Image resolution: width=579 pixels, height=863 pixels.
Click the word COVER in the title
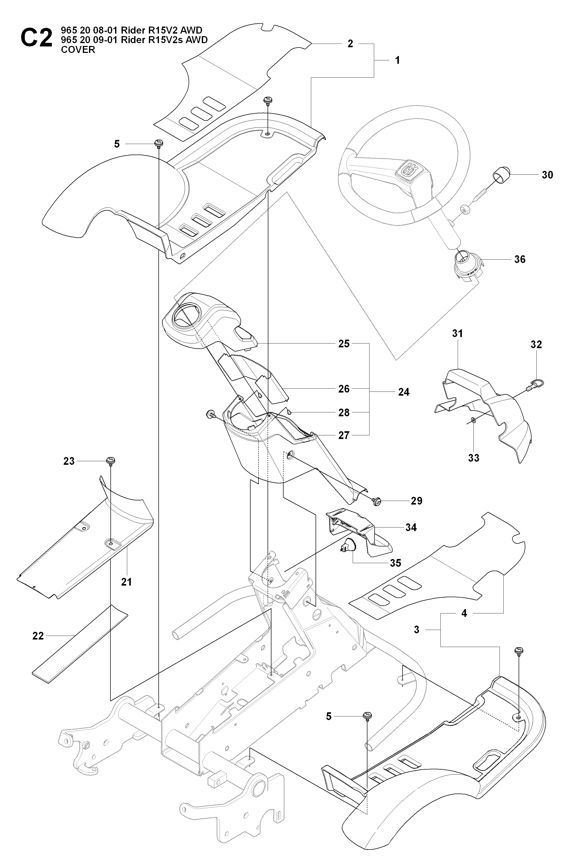[78, 50]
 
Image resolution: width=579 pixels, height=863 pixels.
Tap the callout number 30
[547, 175]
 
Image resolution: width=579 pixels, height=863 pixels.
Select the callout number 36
[520, 259]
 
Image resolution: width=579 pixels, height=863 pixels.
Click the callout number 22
[38, 636]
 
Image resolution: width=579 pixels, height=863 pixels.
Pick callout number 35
[396, 563]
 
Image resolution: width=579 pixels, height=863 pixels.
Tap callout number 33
[473, 458]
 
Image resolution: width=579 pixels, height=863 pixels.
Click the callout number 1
[397, 60]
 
